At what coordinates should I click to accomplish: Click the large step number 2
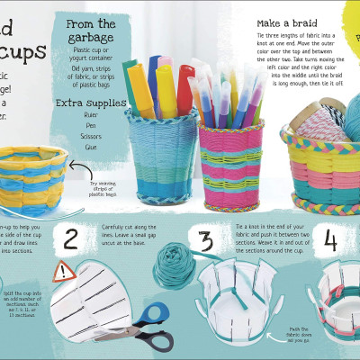pos(70,239)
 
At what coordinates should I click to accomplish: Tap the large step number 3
pos(207,240)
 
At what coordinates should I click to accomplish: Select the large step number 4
pos(331,240)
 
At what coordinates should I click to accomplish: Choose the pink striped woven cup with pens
pos(231,161)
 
